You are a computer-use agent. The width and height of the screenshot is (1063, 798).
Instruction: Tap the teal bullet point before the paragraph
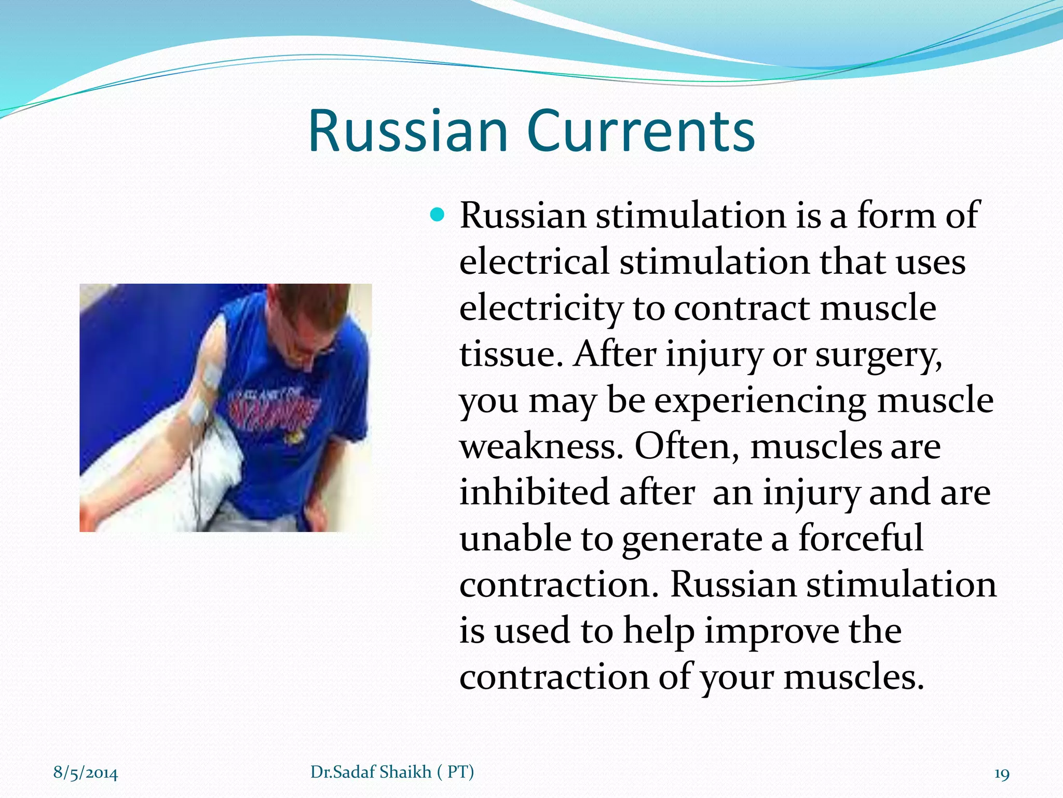[x=438, y=214]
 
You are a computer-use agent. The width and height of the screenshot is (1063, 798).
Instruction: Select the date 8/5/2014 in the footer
[x=86, y=773]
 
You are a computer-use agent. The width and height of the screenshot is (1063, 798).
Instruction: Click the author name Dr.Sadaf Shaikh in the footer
[x=371, y=772]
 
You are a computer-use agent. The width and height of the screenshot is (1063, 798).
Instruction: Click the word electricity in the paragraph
[x=540, y=309]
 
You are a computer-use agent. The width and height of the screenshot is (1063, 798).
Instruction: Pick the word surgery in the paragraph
[x=878, y=355]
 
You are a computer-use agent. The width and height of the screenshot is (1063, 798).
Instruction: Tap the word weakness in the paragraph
[x=540, y=447]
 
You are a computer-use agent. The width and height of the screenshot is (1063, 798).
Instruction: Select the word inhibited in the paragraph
[x=534, y=493]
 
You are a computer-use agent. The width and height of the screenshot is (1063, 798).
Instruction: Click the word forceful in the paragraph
[x=860, y=538]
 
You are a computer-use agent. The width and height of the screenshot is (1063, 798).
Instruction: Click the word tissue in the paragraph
[x=511, y=355]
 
